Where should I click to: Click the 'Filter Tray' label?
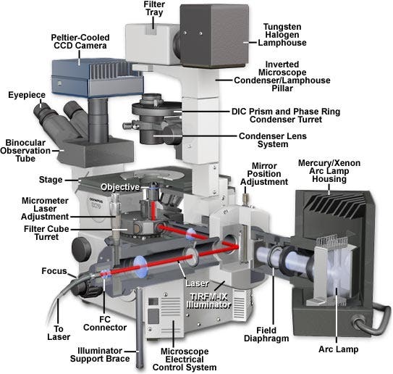154,8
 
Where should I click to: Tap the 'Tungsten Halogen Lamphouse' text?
282,35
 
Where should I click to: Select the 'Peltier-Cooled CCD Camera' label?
80,41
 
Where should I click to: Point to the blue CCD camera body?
96,78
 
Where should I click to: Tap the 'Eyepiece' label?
27,95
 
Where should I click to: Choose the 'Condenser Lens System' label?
273,140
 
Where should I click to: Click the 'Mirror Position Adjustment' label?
264,174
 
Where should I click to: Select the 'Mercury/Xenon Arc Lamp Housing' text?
329,171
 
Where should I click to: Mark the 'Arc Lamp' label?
339,349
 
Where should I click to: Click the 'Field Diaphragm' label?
266,334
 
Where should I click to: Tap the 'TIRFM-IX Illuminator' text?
208,301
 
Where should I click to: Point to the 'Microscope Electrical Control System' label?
185,360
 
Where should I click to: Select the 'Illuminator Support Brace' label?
100,354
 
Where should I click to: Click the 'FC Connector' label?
105,323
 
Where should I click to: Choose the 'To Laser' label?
59,333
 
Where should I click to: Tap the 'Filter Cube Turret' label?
46,233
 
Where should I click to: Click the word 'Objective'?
120,187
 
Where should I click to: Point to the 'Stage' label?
51,180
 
